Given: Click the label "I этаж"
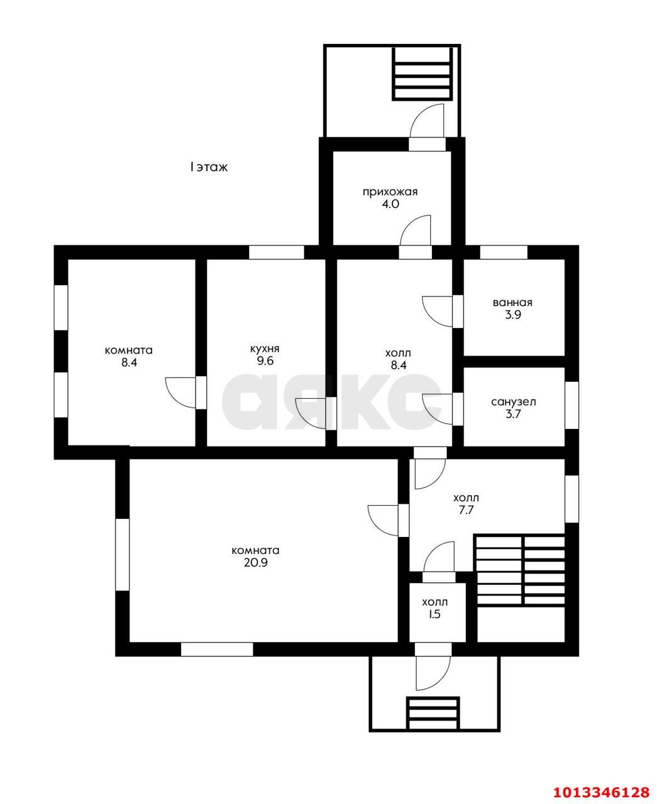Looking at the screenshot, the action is click(x=208, y=167).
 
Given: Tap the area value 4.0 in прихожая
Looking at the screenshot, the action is click(x=390, y=204).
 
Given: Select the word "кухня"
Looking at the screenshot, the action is click(x=265, y=349).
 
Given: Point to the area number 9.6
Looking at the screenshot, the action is click(x=265, y=361).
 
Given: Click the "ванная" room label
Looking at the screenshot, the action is click(x=512, y=302).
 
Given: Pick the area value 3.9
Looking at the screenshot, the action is click(x=513, y=315).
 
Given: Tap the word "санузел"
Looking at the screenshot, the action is click(x=513, y=402).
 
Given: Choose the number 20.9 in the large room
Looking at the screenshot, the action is click(x=256, y=563).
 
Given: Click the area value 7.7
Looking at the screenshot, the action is click(x=466, y=510).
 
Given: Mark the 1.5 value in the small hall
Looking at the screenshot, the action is click(x=434, y=614).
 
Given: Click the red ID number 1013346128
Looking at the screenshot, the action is click(x=602, y=790).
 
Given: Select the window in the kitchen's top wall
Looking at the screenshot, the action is click(x=277, y=253).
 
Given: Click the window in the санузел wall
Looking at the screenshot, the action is click(x=572, y=405).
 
